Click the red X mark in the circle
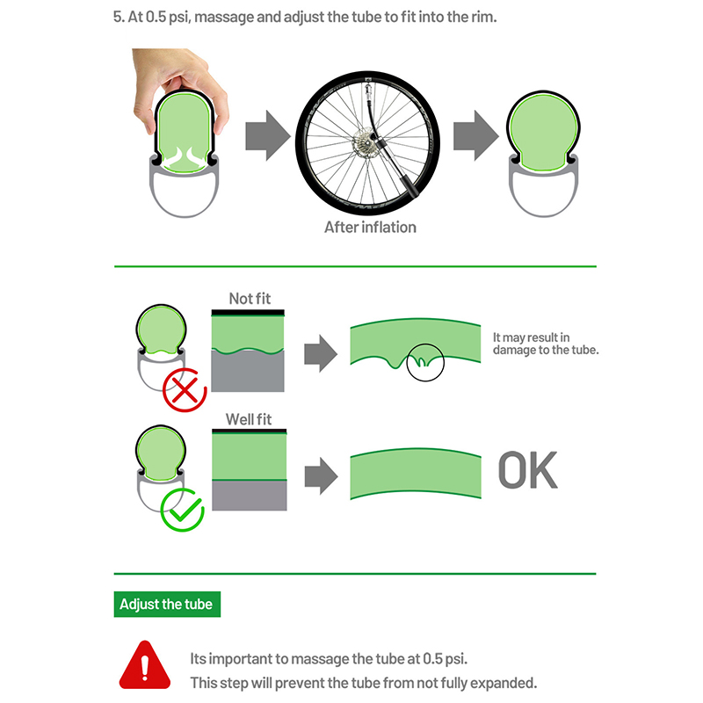coord(185,390)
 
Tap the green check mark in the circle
coord(183,511)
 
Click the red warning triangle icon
coord(145,664)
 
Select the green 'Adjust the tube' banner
coord(167,604)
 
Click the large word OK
coord(528,470)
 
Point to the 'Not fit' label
coord(250,299)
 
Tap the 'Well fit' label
coord(249,419)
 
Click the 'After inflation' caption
coord(370,228)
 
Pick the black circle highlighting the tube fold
coord(425,362)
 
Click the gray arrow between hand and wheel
coord(268,135)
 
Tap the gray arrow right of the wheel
coord(475,135)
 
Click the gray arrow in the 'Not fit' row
coord(321,353)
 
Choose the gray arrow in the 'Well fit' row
coord(321,475)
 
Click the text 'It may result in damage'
coord(546,344)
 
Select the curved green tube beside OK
coord(416,474)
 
